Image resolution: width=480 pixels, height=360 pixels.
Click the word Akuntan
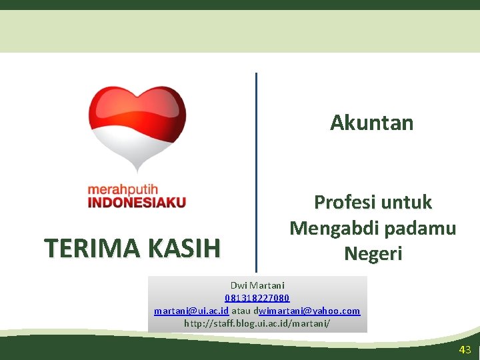click(372, 123)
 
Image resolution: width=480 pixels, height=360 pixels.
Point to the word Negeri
click(373, 253)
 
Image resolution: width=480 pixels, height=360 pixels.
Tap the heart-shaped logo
click(137, 127)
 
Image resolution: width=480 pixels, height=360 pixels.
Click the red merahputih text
click(123, 190)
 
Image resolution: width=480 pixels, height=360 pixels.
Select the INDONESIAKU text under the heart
click(137, 202)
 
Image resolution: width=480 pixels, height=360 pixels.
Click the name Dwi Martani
click(257, 285)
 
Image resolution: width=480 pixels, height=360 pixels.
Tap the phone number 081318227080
click(257, 298)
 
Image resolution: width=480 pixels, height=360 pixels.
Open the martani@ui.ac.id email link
click(191, 311)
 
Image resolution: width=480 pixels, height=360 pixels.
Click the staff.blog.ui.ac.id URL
click(257, 323)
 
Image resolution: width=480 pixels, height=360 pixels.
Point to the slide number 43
click(465, 350)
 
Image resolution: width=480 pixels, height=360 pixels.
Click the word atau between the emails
click(241, 311)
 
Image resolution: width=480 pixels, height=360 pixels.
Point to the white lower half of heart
click(137, 147)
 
